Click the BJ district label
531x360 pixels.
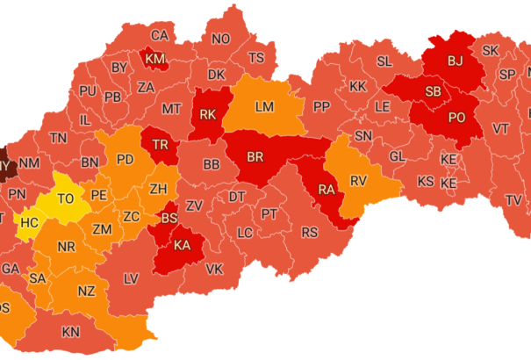click(455, 61)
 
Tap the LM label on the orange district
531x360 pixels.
click(264, 106)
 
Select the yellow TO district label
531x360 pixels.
click(66, 199)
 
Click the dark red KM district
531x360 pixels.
click(155, 59)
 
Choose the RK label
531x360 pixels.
click(208, 114)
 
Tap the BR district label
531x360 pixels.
click(256, 156)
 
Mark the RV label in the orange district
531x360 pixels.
click(357, 180)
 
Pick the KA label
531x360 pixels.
click(183, 244)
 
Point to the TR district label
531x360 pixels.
click(161, 145)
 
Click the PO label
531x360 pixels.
click(456, 118)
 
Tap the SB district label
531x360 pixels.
click(433, 91)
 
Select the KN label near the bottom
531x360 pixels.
click(70, 332)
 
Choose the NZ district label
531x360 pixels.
click(86, 291)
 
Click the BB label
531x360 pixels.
click(212, 164)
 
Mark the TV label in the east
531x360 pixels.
click(513, 200)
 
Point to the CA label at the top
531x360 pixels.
click(159, 36)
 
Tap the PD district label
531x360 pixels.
click(126, 160)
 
